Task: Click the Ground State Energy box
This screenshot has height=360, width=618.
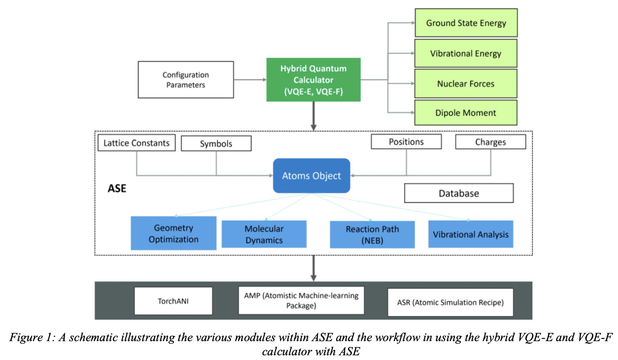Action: pos(466,23)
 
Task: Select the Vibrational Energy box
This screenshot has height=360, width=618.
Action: pos(466,53)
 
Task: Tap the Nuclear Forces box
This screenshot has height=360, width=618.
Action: pos(466,83)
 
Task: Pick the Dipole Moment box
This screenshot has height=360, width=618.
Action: pos(466,113)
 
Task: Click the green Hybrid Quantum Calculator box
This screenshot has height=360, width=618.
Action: pos(313,80)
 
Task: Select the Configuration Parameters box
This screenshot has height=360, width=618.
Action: pos(186,80)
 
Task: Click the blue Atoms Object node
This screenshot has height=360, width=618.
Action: pos(312,176)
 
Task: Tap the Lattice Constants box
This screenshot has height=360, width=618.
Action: pos(137,143)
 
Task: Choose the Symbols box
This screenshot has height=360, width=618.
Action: pos(216,144)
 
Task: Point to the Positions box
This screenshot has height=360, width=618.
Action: pos(406,142)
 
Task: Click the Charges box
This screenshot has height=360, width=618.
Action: pos(490,142)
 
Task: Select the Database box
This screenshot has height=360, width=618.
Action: pos(459,193)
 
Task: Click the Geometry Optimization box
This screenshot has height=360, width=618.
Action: pos(174,233)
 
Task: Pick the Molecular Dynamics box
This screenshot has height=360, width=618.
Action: pos(264,234)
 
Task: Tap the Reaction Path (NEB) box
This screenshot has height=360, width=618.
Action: pos(372,235)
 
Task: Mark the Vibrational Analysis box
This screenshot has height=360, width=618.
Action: pos(471,234)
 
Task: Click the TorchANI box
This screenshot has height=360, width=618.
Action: pos(173,301)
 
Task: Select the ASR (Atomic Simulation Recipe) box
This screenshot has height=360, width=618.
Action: pos(450,302)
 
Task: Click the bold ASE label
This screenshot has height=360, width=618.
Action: pos(117,188)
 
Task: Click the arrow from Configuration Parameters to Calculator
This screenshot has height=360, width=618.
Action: pos(250,80)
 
